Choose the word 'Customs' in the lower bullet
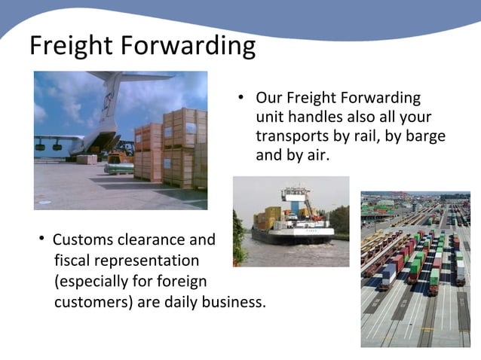81,240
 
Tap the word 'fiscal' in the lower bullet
72,261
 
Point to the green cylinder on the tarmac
119,168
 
